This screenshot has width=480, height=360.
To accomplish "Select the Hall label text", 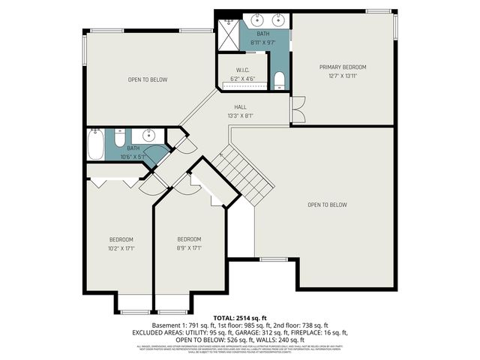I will coord(240,107).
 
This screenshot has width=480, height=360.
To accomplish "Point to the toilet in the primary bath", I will coord(278,80).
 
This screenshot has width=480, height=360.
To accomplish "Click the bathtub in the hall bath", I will coord(95,144).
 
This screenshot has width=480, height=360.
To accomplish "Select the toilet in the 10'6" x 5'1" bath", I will coord(119,138).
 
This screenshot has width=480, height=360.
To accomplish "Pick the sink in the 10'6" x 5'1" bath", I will coord(148,136).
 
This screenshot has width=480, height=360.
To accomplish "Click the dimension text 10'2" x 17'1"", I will coord(121,248).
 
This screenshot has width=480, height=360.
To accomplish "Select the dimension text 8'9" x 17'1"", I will coord(189,248).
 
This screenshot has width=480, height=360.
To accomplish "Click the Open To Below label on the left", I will coord(148,79).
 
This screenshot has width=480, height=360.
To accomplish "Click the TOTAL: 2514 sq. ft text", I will coord(240,318).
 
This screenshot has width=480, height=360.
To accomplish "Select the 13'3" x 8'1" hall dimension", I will coord(240,115).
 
